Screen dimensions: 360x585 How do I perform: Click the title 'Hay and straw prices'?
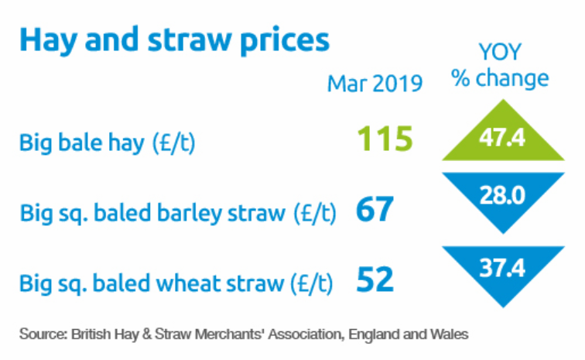click(174, 39)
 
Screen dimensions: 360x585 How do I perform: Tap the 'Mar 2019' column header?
click(375, 84)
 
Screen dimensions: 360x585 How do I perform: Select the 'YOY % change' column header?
click(501, 67)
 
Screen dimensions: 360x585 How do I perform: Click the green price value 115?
click(384, 140)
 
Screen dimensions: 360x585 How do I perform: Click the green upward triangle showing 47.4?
click(501, 139)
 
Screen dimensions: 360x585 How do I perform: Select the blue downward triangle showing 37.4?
click(501, 271)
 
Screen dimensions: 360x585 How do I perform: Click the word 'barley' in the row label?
click(190, 213)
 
